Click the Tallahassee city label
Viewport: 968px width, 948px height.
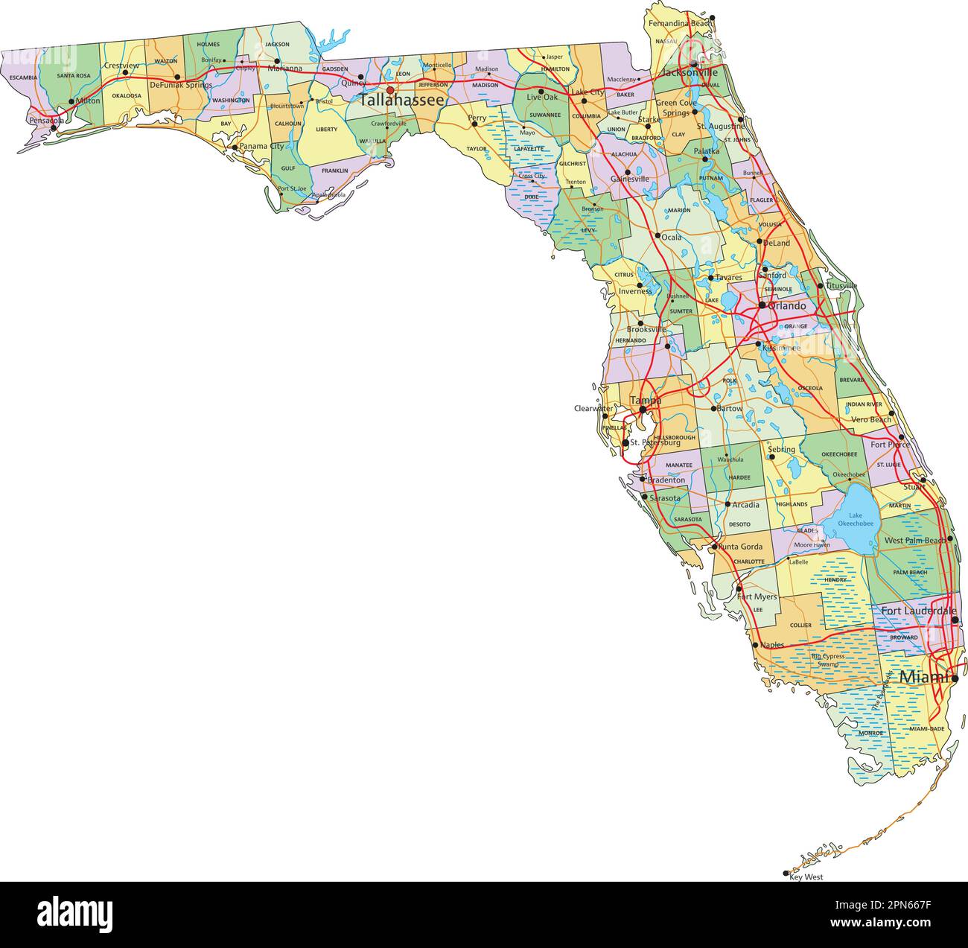402,100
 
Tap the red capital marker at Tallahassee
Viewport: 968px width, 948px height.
389,89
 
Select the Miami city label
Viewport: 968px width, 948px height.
925,677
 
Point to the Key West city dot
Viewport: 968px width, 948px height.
786,873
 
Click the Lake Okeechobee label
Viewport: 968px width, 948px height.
850,519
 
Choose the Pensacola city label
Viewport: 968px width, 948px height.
46,120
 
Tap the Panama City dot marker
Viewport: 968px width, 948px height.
235,147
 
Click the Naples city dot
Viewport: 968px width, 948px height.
755,645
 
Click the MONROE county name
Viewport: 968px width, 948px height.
870,733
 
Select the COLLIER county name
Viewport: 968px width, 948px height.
800,626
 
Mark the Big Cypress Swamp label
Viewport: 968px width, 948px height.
828,660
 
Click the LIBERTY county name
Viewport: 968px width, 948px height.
326,130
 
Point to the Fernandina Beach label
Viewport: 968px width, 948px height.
680,24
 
